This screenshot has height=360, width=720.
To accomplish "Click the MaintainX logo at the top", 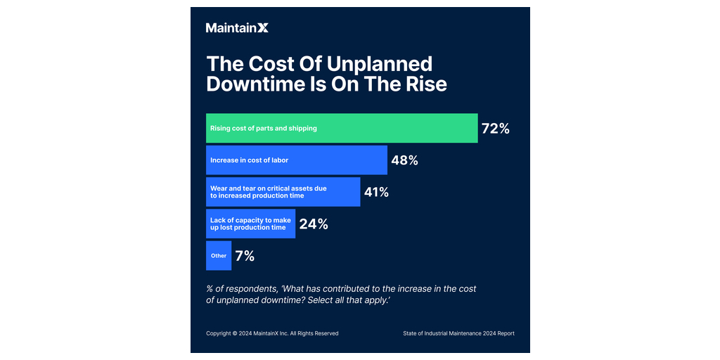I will tap(237, 28).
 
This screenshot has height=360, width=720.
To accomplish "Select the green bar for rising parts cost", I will tap(342, 128).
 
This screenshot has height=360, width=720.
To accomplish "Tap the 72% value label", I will tap(495, 129).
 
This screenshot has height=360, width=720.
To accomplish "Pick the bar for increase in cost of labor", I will tap(296, 160).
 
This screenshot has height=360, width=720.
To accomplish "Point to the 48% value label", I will tap(404, 160).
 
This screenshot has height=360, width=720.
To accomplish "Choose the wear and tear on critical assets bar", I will tap(283, 192).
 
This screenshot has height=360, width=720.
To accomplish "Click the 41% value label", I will tap(376, 192).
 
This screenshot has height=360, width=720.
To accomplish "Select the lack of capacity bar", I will tap(250, 224).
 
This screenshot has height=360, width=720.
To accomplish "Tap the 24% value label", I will tap(314, 224).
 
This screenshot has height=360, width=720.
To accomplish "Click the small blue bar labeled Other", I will tap(219, 256).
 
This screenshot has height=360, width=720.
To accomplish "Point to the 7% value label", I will tap(245, 256).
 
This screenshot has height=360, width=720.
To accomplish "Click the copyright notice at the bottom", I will tap(272, 333).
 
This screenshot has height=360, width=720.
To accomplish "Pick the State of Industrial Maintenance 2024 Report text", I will tap(458, 333).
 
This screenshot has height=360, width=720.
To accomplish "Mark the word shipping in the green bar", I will tap(302, 129).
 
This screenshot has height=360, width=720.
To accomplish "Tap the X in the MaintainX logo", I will tap(262, 28).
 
